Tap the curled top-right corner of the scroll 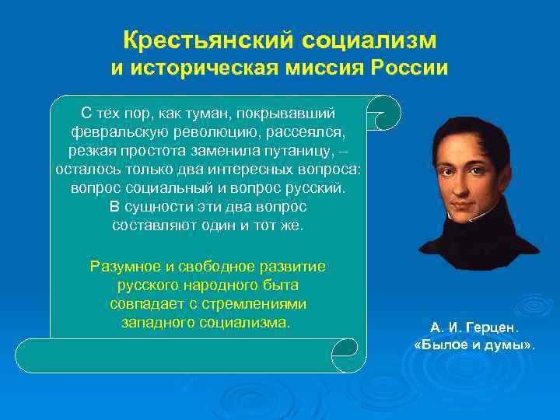click(x=384, y=112)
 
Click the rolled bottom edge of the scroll click(x=191, y=355)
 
